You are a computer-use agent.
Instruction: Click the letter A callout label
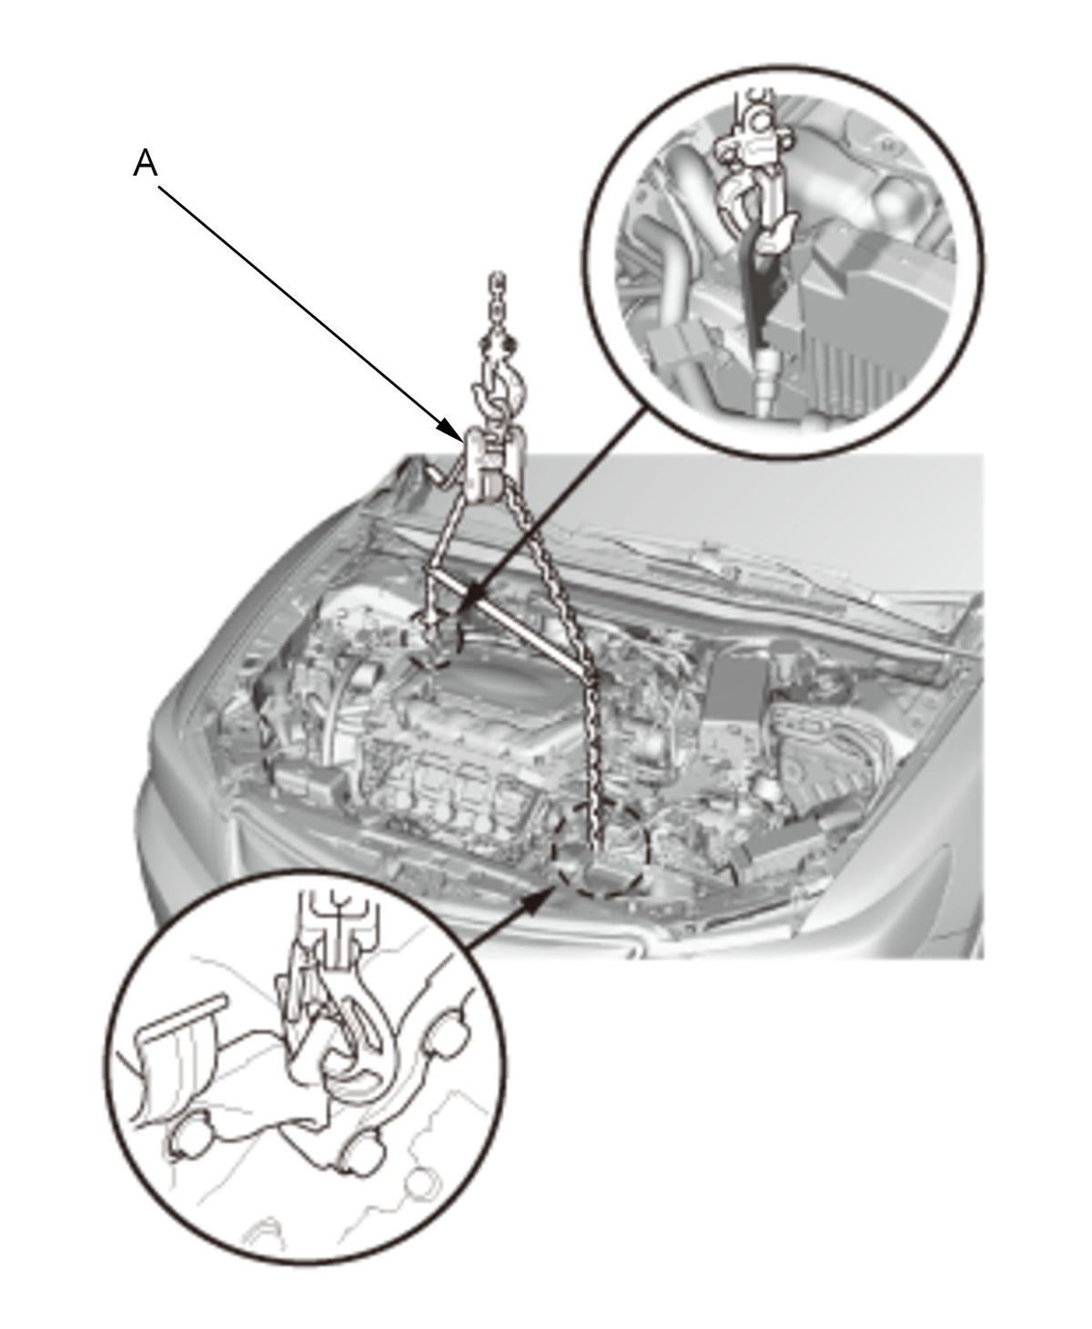pyautogui.click(x=146, y=164)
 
